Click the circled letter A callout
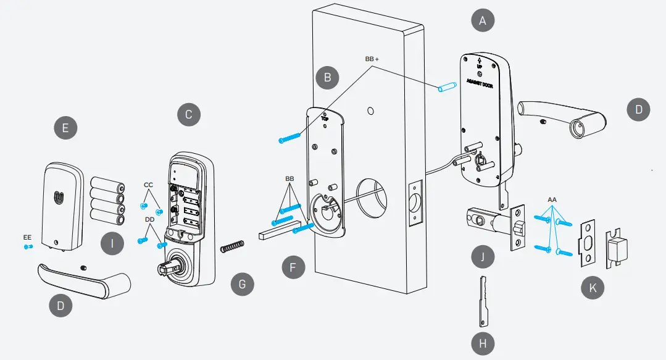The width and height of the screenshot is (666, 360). pyautogui.click(x=483, y=20)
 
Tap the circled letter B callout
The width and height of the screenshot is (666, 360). pyautogui.click(x=327, y=78)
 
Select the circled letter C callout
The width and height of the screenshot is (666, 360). pyautogui.click(x=188, y=114)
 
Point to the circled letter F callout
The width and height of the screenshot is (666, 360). pyautogui.click(x=293, y=268)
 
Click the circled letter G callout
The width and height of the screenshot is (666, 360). pyautogui.click(x=242, y=285)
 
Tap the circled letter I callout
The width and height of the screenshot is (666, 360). pyautogui.click(x=112, y=244)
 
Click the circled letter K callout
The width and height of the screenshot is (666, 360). pyautogui.click(x=593, y=288)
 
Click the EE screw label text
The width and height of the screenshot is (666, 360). pyautogui.click(x=27, y=237)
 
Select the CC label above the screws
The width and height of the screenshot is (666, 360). pyautogui.click(x=148, y=185)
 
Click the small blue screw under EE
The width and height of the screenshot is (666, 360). pyautogui.click(x=28, y=247)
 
